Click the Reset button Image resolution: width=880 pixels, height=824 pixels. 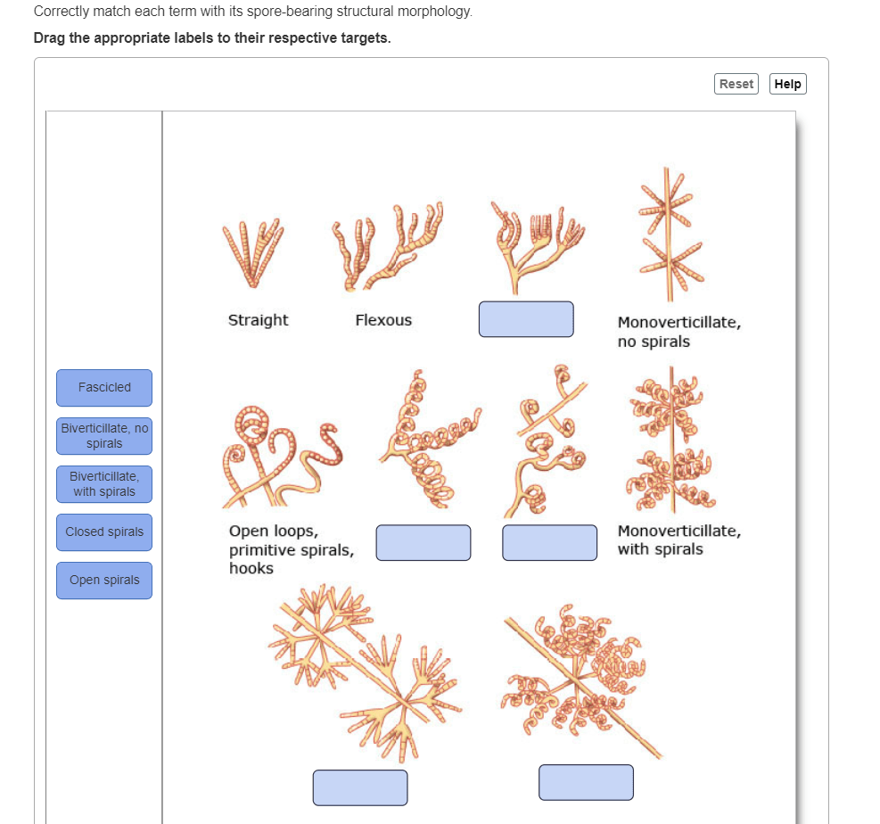pyautogui.click(x=736, y=84)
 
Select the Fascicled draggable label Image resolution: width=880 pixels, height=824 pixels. pyautogui.click(x=104, y=388)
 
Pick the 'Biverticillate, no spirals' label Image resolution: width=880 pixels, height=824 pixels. pyautogui.click(x=104, y=436)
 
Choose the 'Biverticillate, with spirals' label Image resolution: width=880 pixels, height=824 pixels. pyautogui.click(x=104, y=484)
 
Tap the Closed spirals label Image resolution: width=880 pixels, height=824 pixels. pyautogui.click(x=104, y=532)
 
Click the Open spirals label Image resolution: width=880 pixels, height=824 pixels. pyautogui.click(x=104, y=581)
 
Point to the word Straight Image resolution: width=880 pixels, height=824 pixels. pyautogui.click(x=258, y=320)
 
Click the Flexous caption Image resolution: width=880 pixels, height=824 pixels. pyautogui.click(x=383, y=320)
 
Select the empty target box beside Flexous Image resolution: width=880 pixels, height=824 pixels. pyautogui.click(x=526, y=319)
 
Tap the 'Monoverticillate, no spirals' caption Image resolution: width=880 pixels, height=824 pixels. pyautogui.click(x=679, y=332)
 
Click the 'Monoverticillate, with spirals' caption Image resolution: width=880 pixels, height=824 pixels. pyautogui.click(x=679, y=540)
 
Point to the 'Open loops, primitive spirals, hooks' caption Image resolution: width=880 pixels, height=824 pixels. pyautogui.click(x=291, y=549)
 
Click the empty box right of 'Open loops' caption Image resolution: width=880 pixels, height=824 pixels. pyautogui.click(x=424, y=543)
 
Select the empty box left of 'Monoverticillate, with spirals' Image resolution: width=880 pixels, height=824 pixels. pyautogui.click(x=549, y=543)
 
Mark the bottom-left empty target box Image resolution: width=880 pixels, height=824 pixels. pyautogui.click(x=360, y=787)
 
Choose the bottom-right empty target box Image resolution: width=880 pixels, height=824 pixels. pyautogui.click(x=586, y=782)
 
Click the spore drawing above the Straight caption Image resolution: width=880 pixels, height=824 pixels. pyautogui.click(x=254, y=253)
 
